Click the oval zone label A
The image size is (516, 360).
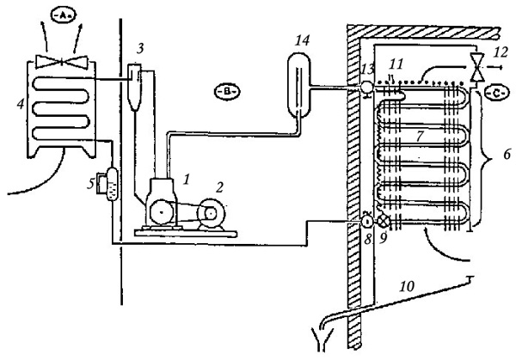(64, 15)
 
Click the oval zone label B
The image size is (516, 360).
(227, 91)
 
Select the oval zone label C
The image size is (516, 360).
(496, 93)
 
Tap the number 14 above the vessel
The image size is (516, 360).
(302, 40)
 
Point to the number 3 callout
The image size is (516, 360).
(140, 49)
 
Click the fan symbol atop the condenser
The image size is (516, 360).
(62, 61)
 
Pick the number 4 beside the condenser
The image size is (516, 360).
(21, 104)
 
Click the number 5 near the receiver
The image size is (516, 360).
(90, 184)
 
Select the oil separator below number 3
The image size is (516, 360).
(134, 87)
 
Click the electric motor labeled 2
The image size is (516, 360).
(211, 214)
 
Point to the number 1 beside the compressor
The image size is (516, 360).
(187, 180)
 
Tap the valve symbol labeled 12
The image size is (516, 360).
(476, 67)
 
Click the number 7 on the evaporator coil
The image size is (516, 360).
(420, 136)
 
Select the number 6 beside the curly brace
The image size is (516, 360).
(507, 155)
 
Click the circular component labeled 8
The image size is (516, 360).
(367, 221)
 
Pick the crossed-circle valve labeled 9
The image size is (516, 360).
(383, 222)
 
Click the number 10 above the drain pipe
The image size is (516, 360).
(407, 286)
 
